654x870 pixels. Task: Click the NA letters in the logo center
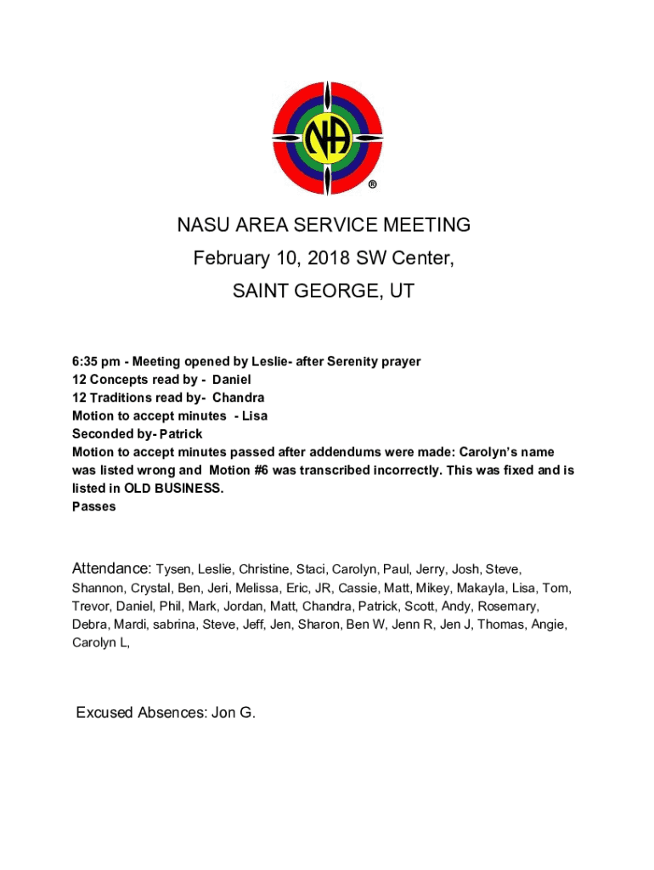[x=326, y=138]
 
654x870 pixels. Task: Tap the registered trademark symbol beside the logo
[x=372, y=184]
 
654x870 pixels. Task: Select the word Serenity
[x=338, y=362]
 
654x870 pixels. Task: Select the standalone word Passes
[x=93, y=506]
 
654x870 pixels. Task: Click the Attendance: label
[x=112, y=568]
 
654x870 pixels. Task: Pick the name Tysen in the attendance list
[x=176, y=569]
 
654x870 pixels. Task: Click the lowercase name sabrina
[x=172, y=624]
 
